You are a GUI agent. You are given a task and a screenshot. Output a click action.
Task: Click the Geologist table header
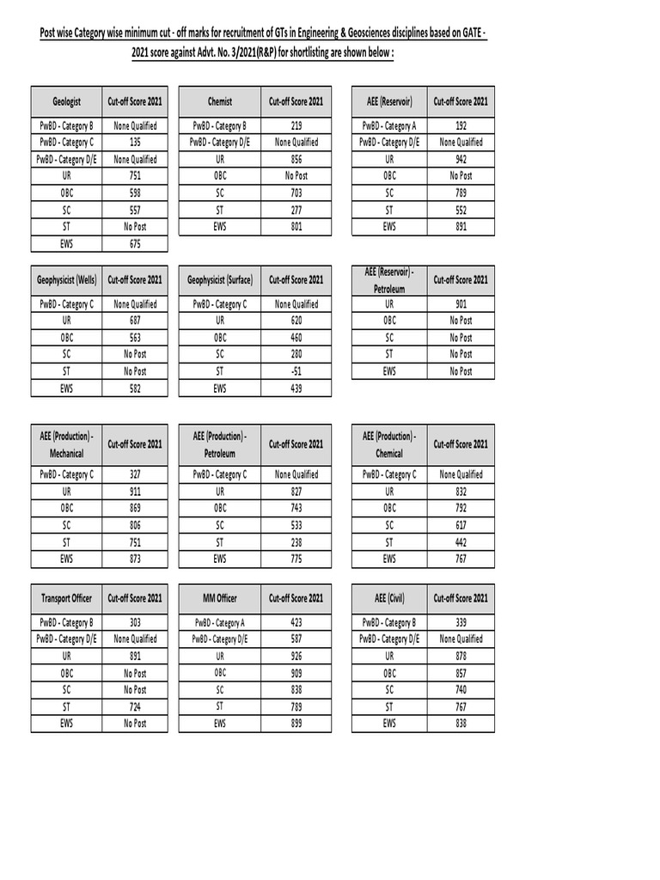66,101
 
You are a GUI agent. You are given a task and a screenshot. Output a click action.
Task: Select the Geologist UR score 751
134,176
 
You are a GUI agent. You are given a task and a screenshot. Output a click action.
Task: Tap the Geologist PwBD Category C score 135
134,143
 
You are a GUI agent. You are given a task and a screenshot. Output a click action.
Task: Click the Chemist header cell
219,101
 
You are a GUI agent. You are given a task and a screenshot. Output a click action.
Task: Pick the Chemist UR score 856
296,159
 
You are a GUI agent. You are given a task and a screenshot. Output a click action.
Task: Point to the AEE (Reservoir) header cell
389,101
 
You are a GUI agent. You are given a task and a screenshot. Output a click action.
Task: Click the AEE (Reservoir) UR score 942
461,159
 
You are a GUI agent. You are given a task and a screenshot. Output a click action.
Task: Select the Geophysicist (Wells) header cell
66,280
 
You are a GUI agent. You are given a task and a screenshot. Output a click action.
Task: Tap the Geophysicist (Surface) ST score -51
296,371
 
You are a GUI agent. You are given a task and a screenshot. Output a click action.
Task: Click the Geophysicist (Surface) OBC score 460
296,338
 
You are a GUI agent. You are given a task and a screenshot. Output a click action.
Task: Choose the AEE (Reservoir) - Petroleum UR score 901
461,304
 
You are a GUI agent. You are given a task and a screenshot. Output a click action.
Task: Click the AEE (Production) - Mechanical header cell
66,444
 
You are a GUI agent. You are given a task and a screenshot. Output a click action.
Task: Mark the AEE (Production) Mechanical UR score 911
134,492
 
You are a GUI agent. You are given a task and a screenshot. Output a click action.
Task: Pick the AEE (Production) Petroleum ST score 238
296,542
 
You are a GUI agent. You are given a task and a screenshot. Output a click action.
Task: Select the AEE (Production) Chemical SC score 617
461,525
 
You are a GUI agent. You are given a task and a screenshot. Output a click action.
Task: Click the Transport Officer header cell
66,598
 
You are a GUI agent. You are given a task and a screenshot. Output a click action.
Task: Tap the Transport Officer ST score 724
134,706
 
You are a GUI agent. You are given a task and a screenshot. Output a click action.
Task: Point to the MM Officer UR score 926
296,656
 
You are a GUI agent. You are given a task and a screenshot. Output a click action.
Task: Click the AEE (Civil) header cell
389,598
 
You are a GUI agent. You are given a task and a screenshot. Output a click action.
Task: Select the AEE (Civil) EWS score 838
461,724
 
